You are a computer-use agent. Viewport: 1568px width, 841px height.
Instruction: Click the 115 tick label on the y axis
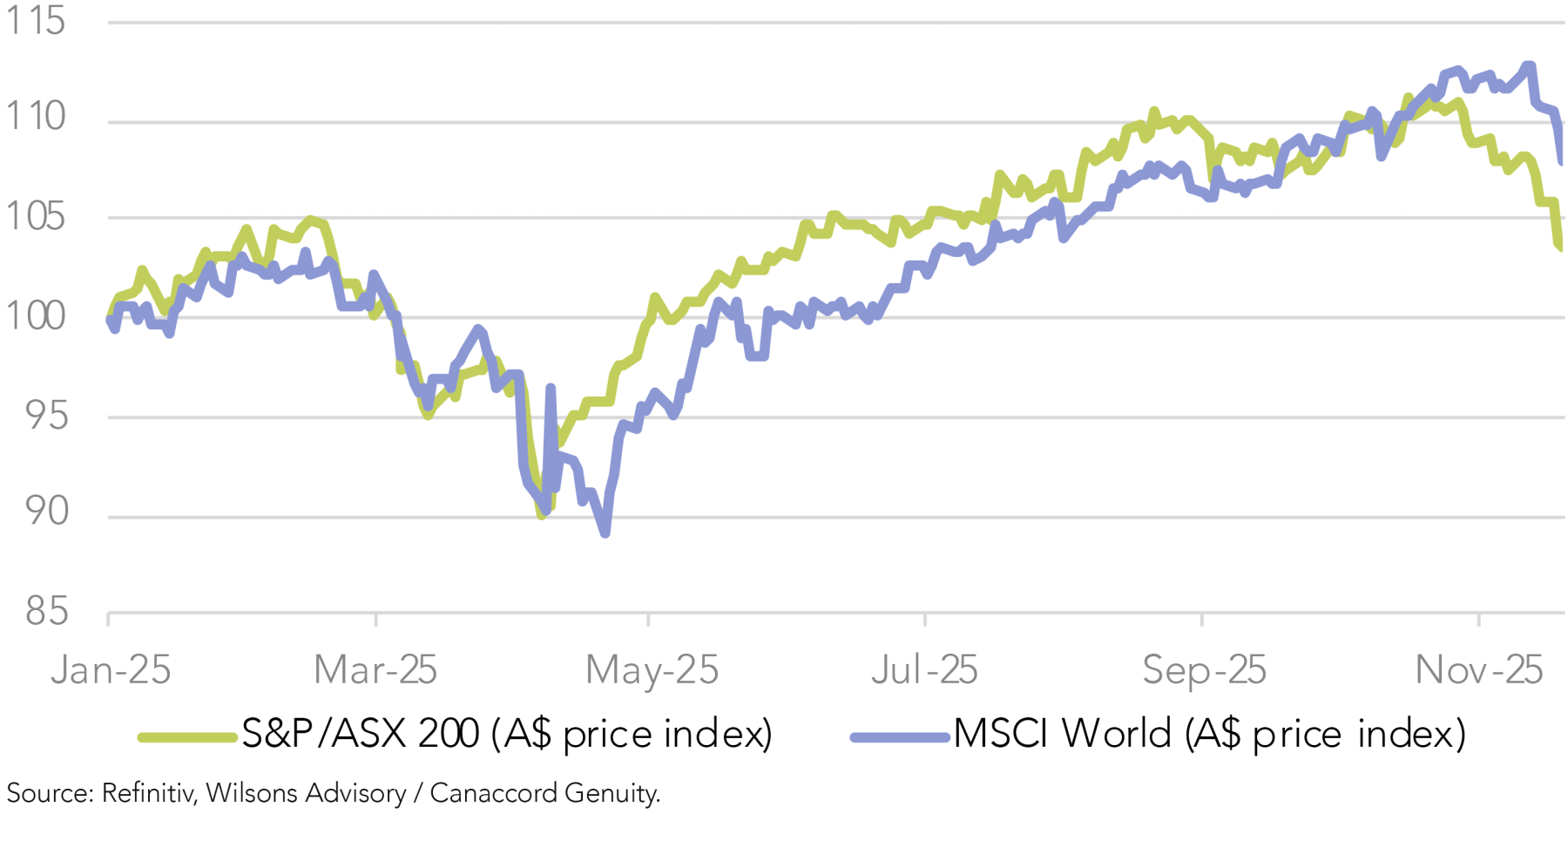[x=35, y=21]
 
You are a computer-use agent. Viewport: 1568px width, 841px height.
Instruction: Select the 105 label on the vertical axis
[x=35, y=216]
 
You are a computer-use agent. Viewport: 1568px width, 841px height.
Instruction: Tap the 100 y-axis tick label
[x=35, y=315]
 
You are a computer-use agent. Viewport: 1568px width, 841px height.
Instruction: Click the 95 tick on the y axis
[x=45, y=416]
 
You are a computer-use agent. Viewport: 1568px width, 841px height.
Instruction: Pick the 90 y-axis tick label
[x=45, y=512]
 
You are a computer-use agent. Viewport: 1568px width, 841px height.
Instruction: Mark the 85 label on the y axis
[x=45, y=612]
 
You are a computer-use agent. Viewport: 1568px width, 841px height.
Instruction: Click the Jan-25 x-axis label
[x=110, y=670]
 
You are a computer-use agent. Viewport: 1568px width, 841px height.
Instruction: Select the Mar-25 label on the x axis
[x=375, y=670]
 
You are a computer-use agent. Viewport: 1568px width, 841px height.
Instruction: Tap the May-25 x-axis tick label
[x=652, y=670]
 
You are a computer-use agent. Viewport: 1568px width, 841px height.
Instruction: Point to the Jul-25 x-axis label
[x=924, y=670]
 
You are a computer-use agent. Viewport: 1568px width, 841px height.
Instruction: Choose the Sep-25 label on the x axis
[x=1204, y=670]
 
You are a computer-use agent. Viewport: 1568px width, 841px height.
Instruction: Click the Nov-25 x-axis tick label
[x=1478, y=670]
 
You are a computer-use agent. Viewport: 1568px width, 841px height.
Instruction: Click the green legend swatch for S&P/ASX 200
[x=187, y=738]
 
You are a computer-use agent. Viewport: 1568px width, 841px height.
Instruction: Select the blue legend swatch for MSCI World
[x=900, y=738]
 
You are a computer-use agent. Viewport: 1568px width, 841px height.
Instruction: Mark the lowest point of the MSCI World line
[x=605, y=533]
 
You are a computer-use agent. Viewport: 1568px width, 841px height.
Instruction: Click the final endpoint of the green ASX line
[x=1560, y=249]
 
